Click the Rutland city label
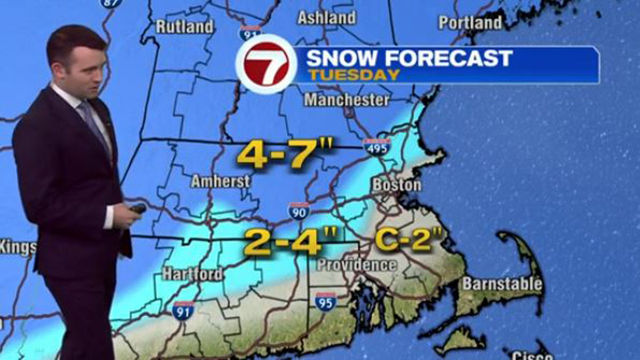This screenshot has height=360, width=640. click(185, 26)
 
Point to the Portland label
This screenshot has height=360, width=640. click(470, 22)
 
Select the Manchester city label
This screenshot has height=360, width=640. click(347, 99)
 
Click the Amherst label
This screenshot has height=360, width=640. click(221, 181)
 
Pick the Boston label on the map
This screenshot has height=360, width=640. click(396, 185)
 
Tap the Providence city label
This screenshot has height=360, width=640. click(357, 265)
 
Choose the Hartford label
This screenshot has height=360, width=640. click(193, 274)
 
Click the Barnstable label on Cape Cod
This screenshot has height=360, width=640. click(502, 284)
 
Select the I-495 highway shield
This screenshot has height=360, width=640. click(376, 147)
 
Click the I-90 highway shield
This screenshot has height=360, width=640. click(299, 211)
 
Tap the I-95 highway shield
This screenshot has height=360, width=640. click(325, 302)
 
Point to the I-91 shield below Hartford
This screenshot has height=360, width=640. click(183, 310)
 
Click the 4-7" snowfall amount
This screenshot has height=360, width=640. click(285, 155)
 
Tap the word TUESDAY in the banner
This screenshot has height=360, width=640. click(354, 75)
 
